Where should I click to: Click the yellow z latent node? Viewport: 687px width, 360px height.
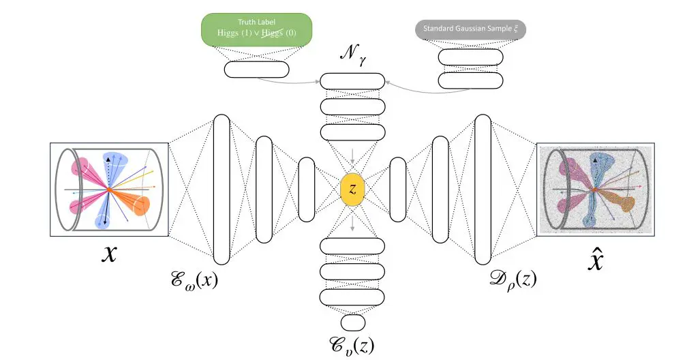coord(353,189)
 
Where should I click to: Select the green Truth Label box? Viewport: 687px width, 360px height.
coord(256,29)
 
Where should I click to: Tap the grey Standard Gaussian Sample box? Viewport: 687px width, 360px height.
coord(461,29)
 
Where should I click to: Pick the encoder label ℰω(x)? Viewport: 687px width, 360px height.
coord(196,279)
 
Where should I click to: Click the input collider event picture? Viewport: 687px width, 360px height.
coord(109,189)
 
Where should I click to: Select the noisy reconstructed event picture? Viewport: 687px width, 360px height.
coord(596,189)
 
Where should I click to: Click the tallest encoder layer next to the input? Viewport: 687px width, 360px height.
coord(222,189)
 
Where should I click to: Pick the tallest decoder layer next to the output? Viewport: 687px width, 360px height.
coord(483,189)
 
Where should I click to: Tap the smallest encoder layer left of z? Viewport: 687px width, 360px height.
coord(307,189)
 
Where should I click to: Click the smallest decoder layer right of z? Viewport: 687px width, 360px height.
coord(397,189)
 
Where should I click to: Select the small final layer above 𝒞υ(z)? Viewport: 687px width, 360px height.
coord(352,322)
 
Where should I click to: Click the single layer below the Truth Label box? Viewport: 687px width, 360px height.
coord(257,69)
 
